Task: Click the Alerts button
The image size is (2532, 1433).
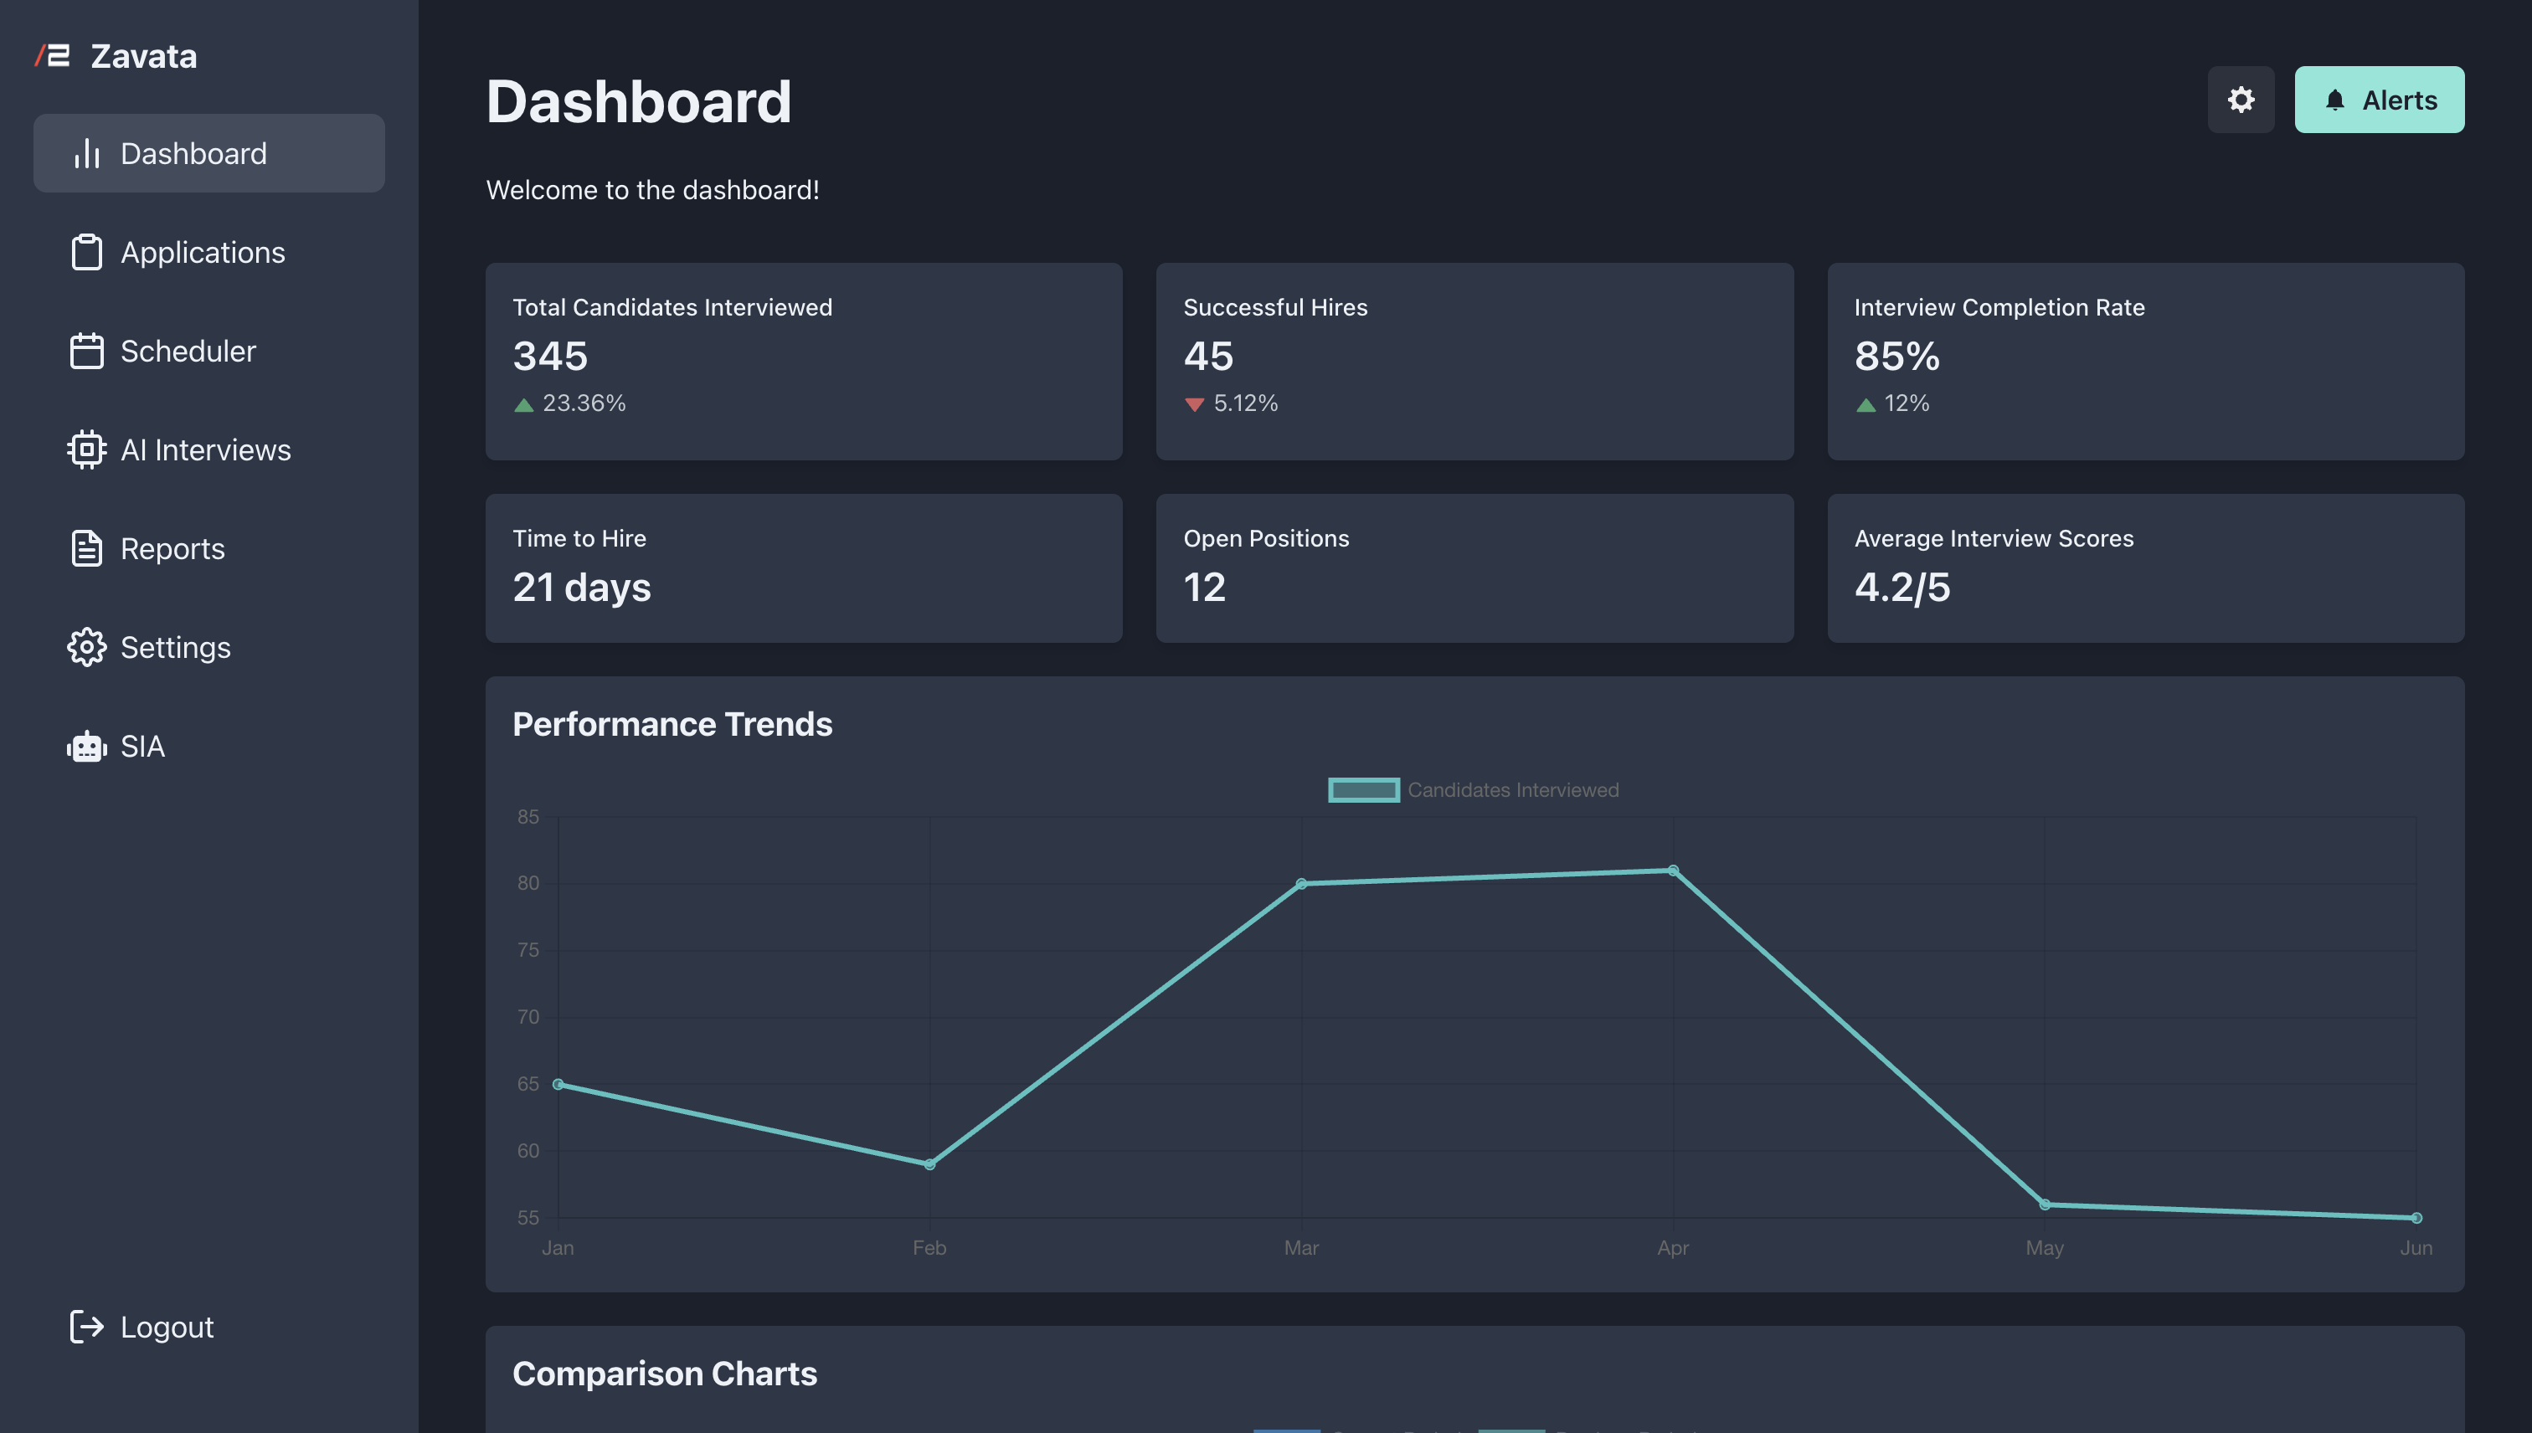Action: click(2379, 100)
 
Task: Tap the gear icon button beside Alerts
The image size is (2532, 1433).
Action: click(2240, 100)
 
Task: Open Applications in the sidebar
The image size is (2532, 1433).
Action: click(202, 253)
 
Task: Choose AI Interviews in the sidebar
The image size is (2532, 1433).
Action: click(205, 449)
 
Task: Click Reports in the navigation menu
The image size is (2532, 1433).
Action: click(172, 548)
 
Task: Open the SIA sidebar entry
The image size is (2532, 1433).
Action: click(142, 746)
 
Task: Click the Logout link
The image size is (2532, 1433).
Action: click(166, 1327)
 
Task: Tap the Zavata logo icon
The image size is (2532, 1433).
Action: click(53, 56)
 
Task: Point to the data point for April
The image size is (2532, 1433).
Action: click(1673, 870)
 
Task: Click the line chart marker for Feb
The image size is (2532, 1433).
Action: click(929, 1164)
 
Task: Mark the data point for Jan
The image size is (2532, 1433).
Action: click(558, 1084)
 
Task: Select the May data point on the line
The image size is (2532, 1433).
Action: click(2045, 1204)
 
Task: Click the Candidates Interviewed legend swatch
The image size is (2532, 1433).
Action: click(1363, 789)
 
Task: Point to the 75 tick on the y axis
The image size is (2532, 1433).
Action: click(527, 950)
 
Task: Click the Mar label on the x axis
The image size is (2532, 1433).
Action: click(1300, 1248)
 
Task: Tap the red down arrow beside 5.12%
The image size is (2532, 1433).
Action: click(1194, 404)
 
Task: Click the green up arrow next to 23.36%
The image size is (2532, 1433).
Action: click(523, 404)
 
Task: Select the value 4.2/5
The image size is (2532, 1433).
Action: click(1901, 588)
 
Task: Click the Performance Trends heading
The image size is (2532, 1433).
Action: click(672, 724)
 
